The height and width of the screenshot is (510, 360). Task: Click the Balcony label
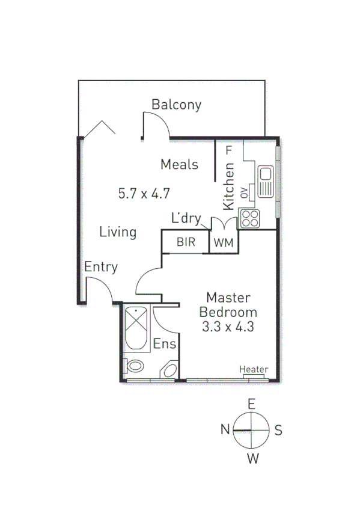click(176, 105)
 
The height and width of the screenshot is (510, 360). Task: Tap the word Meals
click(179, 164)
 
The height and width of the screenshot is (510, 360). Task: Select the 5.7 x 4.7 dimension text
click(144, 194)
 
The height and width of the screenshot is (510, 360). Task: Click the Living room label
click(118, 232)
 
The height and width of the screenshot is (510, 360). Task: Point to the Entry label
click(101, 268)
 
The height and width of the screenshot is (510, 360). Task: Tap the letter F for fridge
click(228, 150)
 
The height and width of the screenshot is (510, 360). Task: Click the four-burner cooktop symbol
click(249, 218)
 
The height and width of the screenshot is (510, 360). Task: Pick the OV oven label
click(244, 192)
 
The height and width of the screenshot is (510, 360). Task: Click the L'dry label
click(186, 219)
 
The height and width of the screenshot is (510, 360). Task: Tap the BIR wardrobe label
click(184, 242)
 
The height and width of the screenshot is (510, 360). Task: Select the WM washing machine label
click(223, 242)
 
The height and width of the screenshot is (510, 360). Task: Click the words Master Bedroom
click(228, 305)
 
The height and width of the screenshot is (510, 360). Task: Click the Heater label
click(254, 369)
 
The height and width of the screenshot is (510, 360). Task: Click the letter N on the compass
click(225, 429)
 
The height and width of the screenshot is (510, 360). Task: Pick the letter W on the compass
click(253, 459)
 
